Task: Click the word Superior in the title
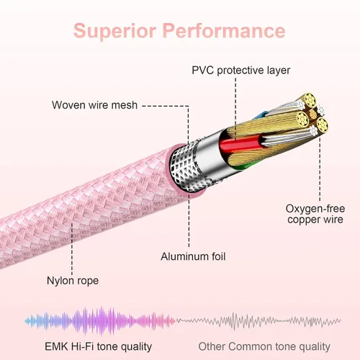[x=115, y=31]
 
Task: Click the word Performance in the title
[x=224, y=30]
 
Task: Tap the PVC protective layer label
[x=240, y=71]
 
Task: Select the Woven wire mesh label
[x=94, y=105]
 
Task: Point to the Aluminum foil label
[x=193, y=256]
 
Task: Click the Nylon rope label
[x=73, y=281]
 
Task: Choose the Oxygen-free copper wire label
[x=315, y=214]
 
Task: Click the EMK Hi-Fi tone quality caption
[x=99, y=347]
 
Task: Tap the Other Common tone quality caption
[x=264, y=347]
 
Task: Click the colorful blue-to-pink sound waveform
[x=100, y=320]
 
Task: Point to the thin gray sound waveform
[x=258, y=321]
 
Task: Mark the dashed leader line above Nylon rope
[x=72, y=248]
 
